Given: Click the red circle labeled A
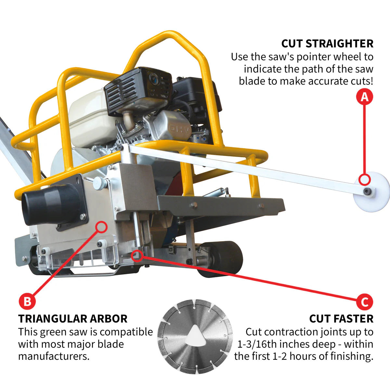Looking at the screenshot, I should (365, 97).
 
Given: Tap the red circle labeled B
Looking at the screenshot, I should (27, 301).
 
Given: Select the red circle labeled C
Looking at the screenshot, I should (365, 302).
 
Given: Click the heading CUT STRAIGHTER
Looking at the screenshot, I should (327, 44).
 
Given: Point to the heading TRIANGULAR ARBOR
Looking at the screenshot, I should (73, 319).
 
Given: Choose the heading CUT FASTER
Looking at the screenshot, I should (341, 319).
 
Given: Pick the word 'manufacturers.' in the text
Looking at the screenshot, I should (54, 356).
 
